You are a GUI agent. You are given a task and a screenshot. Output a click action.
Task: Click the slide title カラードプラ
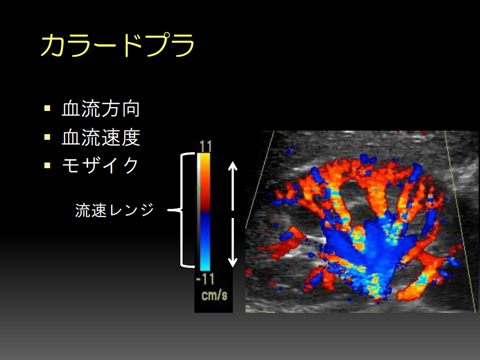coord(118,45)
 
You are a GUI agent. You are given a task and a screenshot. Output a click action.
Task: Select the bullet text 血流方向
coord(101,109)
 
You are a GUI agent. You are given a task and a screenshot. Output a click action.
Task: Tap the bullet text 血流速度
coord(101,137)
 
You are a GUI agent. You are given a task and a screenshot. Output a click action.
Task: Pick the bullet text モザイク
coord(100,165)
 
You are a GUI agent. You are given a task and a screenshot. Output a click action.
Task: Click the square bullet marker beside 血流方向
coord(47,108)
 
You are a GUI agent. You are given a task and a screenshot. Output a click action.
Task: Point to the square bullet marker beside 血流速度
coord(47,137)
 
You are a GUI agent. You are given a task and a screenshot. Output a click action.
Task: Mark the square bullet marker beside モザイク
coord(47,165)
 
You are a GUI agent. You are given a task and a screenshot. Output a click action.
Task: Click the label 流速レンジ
coord(114,210)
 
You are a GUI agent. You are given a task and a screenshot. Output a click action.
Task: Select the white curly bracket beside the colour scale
coord(182,210)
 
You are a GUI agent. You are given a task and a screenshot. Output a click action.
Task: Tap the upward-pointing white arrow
coord(233,186)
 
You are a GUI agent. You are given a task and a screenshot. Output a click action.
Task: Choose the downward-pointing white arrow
coord(233,242)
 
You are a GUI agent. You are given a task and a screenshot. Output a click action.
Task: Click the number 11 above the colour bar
coord(205,146)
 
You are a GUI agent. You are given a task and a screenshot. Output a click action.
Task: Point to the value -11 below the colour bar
coord(205,279)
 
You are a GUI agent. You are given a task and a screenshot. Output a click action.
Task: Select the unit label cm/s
coord(214,295)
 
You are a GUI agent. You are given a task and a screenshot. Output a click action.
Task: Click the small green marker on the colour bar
coord(199,189)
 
